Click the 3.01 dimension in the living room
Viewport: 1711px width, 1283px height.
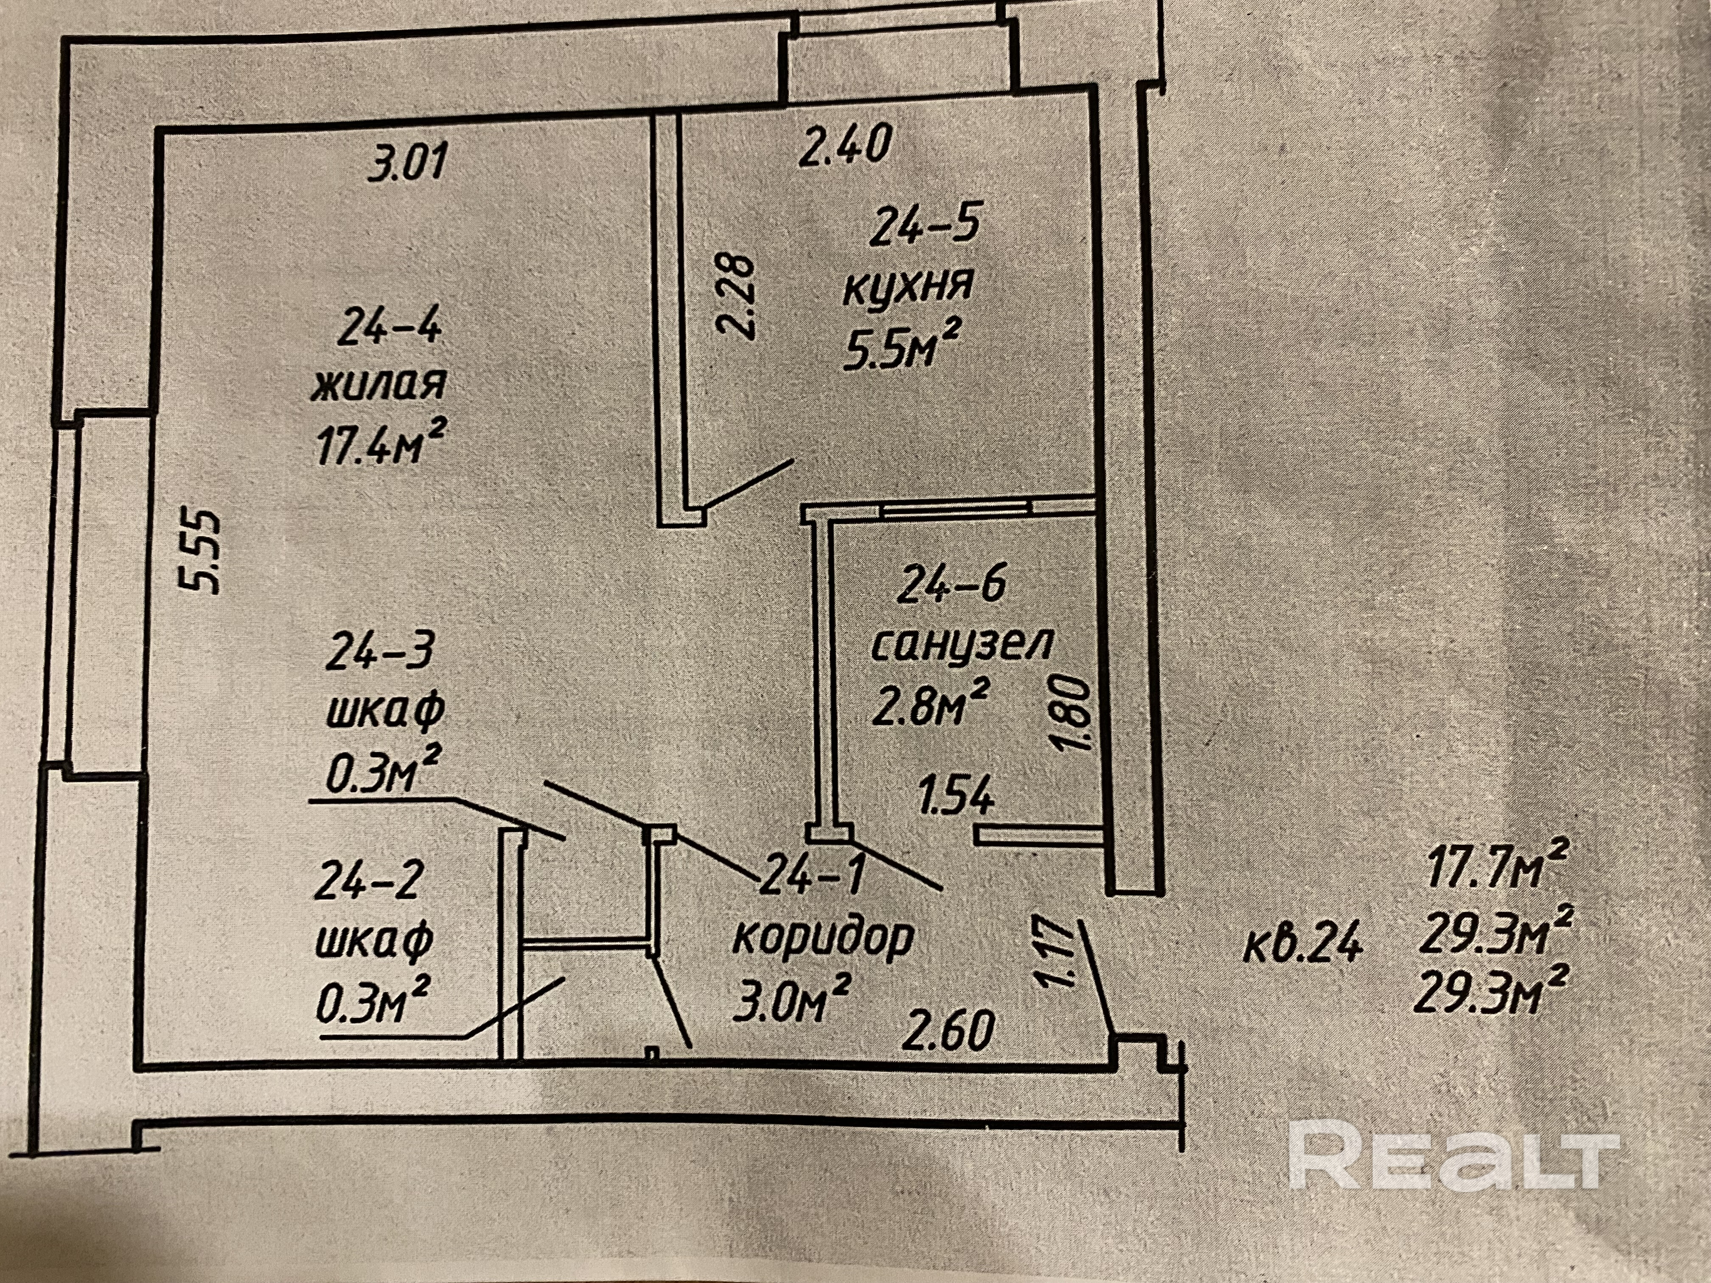coord(408,165)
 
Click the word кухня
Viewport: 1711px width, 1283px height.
coord(906,288)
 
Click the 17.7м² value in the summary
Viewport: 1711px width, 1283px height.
coord(1478,868)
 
